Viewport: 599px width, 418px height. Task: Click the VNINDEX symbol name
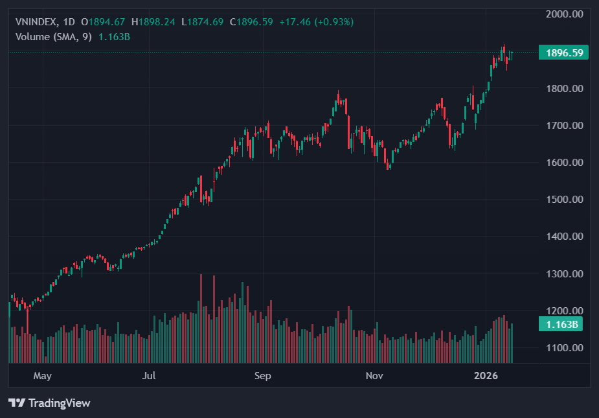click(36, 22)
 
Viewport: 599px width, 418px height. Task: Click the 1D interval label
click(69, 22)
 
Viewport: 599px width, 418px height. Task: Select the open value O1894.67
click(103, 22)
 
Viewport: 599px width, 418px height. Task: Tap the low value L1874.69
click(202, 22)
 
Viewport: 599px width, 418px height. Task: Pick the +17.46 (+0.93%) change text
click(317, 22)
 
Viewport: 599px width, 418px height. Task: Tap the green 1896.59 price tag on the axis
click(563, 52)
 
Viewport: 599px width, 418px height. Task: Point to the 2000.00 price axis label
click(564, 14)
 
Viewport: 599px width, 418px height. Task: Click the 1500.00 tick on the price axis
click(564, 199)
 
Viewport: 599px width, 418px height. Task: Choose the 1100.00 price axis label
click(564, 348)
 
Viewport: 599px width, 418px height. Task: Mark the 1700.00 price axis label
click(564, 125)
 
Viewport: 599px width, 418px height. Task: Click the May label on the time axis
click(42, 376)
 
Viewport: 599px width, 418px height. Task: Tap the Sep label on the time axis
click(262, 376)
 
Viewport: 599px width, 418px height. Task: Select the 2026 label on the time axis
click(486, 376)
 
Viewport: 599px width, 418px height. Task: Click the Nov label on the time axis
click(374, 376)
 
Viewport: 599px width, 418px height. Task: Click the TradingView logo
click(49, 403)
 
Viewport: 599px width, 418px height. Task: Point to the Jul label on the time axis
click(150, 376)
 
